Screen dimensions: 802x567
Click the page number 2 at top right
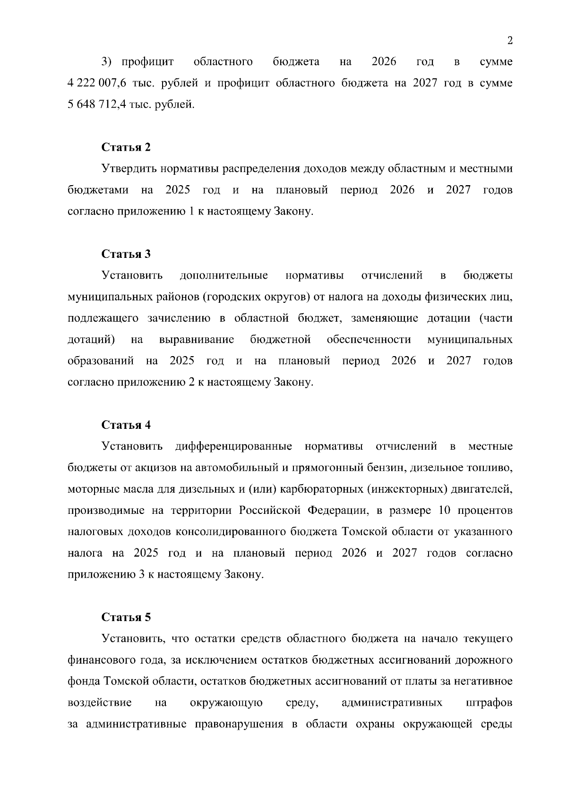tap(509, 41)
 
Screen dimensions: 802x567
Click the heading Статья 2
tap(126, 147)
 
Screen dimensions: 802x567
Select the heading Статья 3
tap(126, 254)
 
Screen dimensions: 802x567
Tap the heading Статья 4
tap(126, 425)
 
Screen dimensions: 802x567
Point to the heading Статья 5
tap(126, 617)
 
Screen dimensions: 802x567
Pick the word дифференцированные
tap(233, 446)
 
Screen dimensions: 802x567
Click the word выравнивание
tap(197, 340)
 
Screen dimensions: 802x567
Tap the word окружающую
tap(226, 703)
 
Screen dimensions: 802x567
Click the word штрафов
tap(489, 703)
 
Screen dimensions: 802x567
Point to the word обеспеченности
tap(369, 340)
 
